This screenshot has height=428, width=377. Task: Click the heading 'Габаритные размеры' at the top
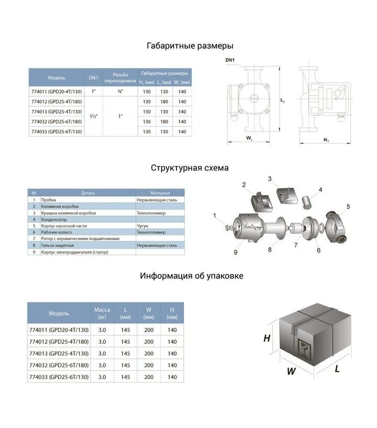[x=190, y=46]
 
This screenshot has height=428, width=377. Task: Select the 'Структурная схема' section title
[x=190, y=167]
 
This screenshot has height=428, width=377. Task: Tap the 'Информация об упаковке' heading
[x=192, y=276]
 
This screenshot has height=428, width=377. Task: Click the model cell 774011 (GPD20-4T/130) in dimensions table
[x=57, y=92]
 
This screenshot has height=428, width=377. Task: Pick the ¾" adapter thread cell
[x=120, y=92]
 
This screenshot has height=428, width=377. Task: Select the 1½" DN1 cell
[x=94, y=116]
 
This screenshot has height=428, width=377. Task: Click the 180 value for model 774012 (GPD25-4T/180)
[x=164, y=102]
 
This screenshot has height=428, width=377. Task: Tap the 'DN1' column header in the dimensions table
[x=93, y=77]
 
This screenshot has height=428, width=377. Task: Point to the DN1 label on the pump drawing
[x=230, y=60]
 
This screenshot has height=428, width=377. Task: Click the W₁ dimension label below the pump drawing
[x=249, y=138]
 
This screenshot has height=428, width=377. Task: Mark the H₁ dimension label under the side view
[x=326, y=140]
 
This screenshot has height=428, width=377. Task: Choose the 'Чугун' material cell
[x=142, y=226]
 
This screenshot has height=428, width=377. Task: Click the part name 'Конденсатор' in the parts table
[x=54, y=219]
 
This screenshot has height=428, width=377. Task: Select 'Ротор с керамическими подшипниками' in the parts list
[x=80, y=239]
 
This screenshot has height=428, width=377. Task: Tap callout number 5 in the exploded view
[x=348, y=207]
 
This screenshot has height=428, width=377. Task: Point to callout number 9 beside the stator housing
[x=236, y=253]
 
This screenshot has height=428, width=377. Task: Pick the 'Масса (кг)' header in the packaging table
[x=102, y=313]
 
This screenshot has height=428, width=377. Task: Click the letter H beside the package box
[x=267, y=339]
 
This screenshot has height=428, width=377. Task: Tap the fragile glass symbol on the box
[x=304, y=350]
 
